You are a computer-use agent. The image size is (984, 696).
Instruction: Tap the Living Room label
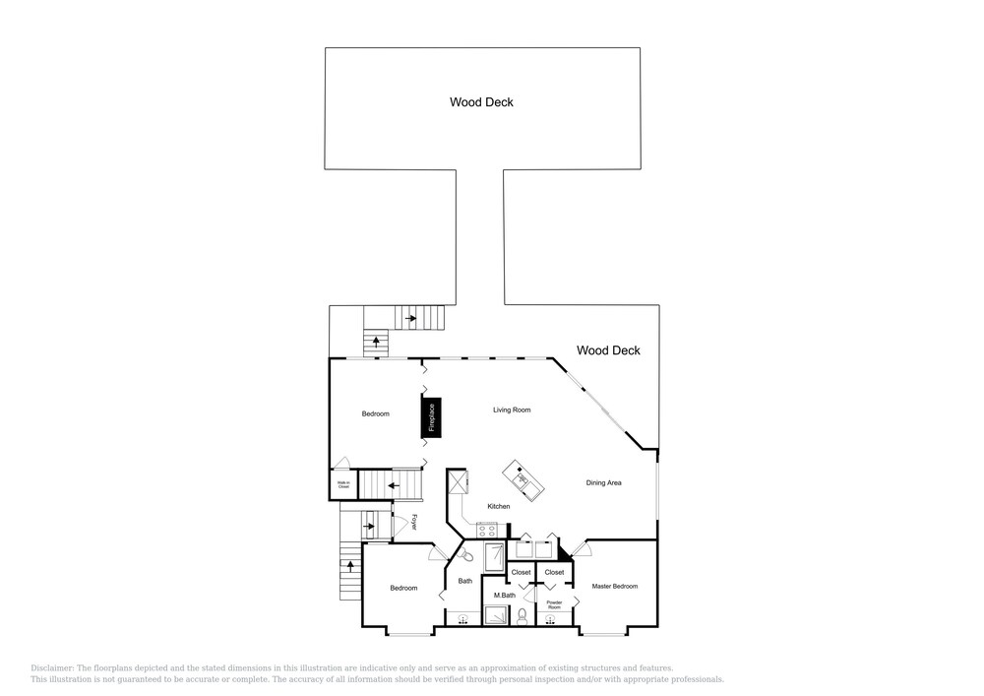click(x=512, y=410)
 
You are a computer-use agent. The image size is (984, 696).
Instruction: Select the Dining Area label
click(x=603, y=482)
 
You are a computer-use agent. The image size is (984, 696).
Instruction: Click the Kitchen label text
click(x=498, y=506)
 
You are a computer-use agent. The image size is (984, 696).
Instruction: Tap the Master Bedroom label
click(x=614, y=587)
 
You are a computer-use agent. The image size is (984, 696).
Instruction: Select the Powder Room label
click(x=554, y=604)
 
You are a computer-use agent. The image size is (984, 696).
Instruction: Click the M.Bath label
click(x=504, y=596)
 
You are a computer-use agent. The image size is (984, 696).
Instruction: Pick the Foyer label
click(x=414, y=523)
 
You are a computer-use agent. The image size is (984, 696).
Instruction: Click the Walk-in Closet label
click(x=343, y=484)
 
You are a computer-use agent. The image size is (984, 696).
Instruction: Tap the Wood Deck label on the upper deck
click(x=481, y=101)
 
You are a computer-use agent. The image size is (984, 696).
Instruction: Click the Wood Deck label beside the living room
click(x=608, y=350)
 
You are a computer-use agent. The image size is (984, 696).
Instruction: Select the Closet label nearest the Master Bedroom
click(x=554, y=572)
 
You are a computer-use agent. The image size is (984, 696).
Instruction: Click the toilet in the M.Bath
click(x=523, y=616)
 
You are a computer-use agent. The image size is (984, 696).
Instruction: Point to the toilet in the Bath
click(x=466, y=556)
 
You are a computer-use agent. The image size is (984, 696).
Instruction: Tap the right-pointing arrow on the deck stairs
click(x=412, y=317)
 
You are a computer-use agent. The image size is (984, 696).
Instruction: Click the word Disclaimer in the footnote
click(x=53, y=667)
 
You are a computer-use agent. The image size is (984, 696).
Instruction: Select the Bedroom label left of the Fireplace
click(x=375, y=413)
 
